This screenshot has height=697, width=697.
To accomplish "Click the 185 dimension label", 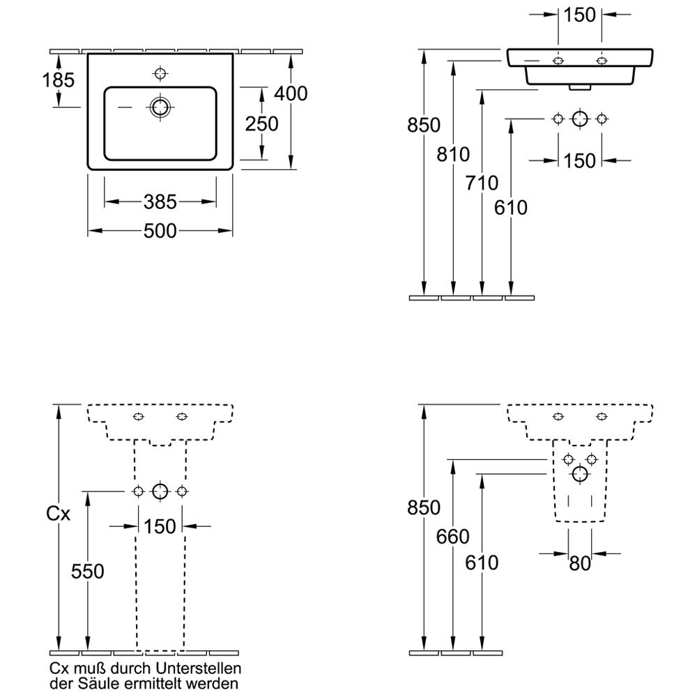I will pos(58,79).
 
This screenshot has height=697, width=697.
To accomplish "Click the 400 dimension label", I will pos(291,93).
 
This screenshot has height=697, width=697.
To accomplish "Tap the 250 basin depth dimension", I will pos(262,123).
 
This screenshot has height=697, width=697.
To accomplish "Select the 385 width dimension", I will pos(160,202).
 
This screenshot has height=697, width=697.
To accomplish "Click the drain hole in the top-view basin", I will pos(160,107).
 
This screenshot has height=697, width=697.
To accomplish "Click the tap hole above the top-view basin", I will pos(160,73).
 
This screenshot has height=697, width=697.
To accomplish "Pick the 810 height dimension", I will pos(454,154).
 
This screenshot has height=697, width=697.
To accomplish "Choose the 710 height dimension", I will pos(482,183).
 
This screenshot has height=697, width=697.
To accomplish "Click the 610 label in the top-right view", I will pos(512,208).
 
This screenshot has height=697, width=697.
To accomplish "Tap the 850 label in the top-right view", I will pos(424,125).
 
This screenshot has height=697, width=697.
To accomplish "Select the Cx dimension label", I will pos(58,514).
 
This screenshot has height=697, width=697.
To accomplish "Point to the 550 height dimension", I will pos(88,572).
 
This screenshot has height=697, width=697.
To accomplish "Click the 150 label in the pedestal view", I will pos(160,527).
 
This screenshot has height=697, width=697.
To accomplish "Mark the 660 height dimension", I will pos(454,537).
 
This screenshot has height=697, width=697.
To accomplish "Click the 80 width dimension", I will pos(580,563).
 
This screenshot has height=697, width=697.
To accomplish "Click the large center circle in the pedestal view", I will pos(160,491).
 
